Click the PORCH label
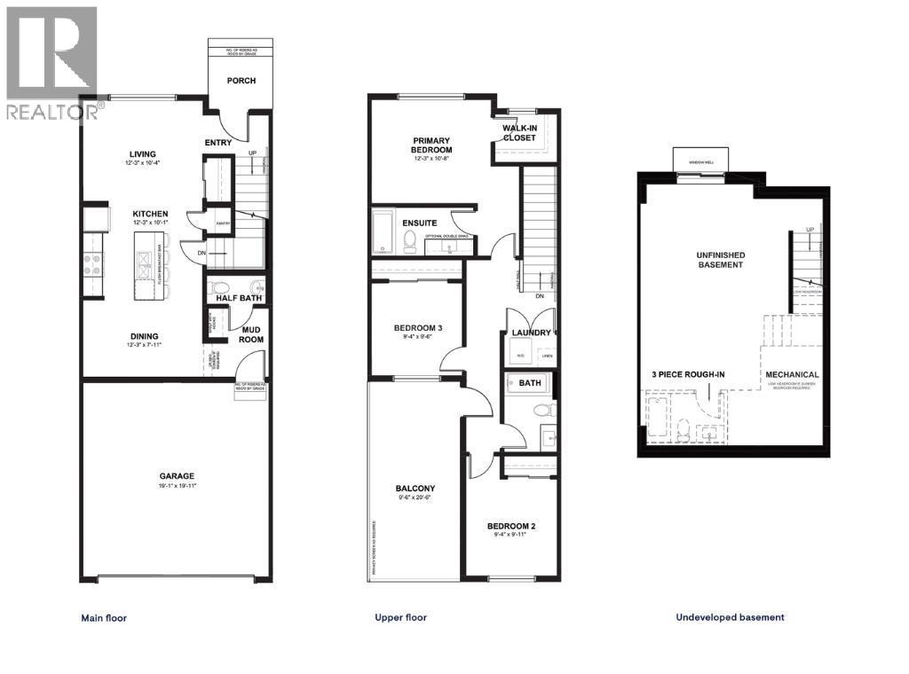(x=241, y=81)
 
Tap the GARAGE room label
(x=178, y=475)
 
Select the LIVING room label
(x=143, y=153)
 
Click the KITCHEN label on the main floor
(x=150, y=214)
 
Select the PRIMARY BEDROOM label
(x=431, y=145)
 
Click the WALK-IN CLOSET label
(x=519, y=133)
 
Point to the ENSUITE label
(x=419, y=223)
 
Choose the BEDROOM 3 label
(x=417, y=328)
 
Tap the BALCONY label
(x=415, y=489)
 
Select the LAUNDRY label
(x=532, y=333)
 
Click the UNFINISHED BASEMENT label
(x=720, y=260)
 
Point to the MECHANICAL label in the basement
(x=792, y=374)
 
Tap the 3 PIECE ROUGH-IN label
(x=688, y=374)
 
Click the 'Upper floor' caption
(x=400, y=617)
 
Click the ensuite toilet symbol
(x=410, y=240)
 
